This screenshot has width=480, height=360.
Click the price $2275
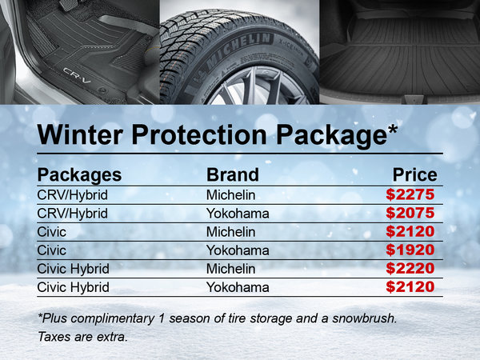click(x=410, y=194)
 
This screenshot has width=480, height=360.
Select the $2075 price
click(x=410, y=213)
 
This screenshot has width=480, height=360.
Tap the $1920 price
click(x=410, y=250)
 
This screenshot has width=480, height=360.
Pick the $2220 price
click(x=410, y=268)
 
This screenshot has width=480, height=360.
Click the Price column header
click(x=414, y=174)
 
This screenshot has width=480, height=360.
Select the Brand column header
click(x=233, y=174)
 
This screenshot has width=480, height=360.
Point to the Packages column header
click(x=79, y=174)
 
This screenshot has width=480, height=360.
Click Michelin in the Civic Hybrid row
click(x=231, y=268)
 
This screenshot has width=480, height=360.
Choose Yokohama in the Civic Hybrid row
click(x=238, y=286)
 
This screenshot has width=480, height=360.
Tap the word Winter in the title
click(x=83, y=134)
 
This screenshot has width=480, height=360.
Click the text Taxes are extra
click(x=83, y=336)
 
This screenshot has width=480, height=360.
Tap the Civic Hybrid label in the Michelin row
click(x=73, y=268)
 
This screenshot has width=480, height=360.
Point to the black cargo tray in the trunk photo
click(x=400, y=60)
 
